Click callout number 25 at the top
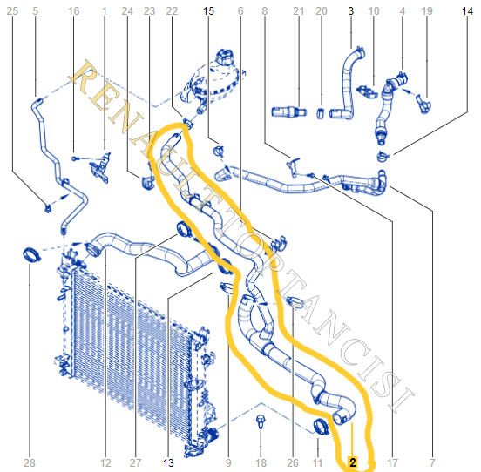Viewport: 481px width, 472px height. tap(12, 11)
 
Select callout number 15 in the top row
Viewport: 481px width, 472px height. tap(208, 11)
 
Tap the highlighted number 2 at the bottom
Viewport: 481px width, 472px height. tap(353, 462)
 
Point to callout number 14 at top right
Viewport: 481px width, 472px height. tap(467, 11)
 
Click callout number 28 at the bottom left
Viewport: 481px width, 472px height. tap(29, 462)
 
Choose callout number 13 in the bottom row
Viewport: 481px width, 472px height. tap(168, 462)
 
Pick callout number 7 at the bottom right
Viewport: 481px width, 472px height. tap(432, 462)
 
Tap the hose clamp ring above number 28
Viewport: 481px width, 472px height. tap(31, 255)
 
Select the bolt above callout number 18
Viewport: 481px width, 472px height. tap(261, 421)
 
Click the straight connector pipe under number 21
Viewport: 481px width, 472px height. tap(289, 111)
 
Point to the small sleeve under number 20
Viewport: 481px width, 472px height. tap(321, 113)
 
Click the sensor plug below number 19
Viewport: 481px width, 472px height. tap(424, 105)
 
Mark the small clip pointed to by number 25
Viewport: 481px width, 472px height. tap(48, 209)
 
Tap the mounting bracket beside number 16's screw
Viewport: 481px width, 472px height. tap(100, 168)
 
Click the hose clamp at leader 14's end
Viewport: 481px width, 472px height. tap(383, 157)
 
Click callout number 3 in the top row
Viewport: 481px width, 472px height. tap(350, 11)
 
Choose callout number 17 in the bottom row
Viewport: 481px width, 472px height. tap(393, 462)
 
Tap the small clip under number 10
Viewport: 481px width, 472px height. tap(368, 91)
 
